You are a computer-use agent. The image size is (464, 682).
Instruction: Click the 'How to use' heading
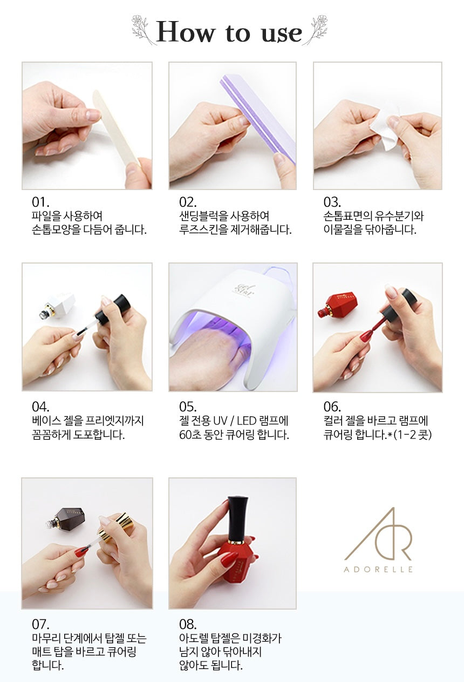click(229, 32)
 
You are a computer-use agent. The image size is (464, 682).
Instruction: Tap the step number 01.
click(40, 202)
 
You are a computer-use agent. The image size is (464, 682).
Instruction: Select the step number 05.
click(188, 407)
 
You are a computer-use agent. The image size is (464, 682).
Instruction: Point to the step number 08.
click(188, 624)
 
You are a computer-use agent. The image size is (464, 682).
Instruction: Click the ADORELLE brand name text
click(378, 569)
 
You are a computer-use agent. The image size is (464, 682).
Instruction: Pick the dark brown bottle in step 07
click(67, 518)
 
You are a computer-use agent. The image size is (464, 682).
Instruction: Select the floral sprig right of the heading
click(316, 30)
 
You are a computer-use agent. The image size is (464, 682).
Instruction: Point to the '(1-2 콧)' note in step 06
click(412, 435)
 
